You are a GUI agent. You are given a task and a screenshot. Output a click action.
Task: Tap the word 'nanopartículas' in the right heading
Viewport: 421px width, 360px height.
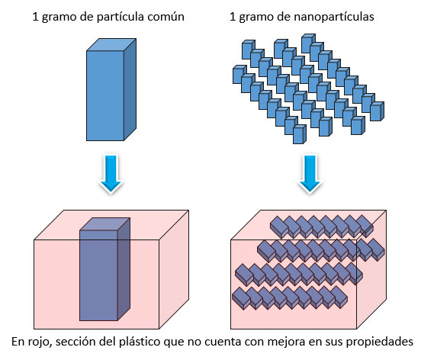click(334, 18)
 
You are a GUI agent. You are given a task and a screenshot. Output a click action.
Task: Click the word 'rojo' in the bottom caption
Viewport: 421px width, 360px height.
click(39, 342)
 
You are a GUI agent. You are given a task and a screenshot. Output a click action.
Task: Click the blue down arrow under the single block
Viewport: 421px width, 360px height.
click(111, 173)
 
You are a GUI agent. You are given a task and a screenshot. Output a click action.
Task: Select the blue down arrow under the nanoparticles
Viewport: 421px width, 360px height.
click(310, 173)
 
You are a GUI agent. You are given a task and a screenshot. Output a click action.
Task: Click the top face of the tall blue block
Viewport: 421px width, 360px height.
click(111, 44)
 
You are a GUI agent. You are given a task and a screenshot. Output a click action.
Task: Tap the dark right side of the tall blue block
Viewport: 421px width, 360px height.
click(130, 89)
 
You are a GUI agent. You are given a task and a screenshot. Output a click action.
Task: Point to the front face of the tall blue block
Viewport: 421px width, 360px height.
click(105, 95)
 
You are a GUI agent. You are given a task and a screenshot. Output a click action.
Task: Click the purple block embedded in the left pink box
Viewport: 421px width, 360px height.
click(104, 269)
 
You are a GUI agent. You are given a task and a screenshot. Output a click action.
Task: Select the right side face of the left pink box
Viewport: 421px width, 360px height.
click(174, 269)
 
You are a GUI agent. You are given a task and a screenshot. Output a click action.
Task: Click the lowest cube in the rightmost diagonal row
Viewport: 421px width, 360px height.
click(377, 111)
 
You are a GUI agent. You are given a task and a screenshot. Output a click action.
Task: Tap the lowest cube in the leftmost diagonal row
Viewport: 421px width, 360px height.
click(300, 134)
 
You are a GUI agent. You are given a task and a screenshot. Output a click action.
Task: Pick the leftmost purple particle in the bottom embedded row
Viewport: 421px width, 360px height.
click(240, 297)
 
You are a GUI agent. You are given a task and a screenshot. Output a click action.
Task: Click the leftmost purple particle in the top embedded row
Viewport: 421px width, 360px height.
click(278, 226)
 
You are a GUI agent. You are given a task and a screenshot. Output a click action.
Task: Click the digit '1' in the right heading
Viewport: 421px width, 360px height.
click(233, 17)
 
